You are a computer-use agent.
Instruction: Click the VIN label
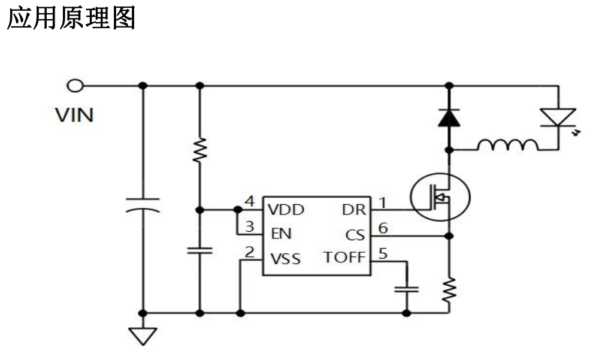[74, 114]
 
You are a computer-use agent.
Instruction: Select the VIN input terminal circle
[75, 86]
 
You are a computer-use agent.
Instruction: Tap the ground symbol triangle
[143, 335]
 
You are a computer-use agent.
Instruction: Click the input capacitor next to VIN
[143, 204]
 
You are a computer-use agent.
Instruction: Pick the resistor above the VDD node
[200, 150]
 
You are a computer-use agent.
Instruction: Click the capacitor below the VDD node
[200, 250]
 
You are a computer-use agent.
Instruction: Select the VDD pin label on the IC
[286, 210]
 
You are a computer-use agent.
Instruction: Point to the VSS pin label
[285, 259]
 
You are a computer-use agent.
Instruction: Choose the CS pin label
[355, 234]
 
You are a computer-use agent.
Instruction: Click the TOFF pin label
[344, 259]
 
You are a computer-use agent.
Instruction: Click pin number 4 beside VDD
[250, 201]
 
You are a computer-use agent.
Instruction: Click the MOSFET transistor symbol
[440, 197]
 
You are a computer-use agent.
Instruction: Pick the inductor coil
[508, 145]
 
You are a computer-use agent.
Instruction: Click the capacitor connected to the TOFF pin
[407, 289]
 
